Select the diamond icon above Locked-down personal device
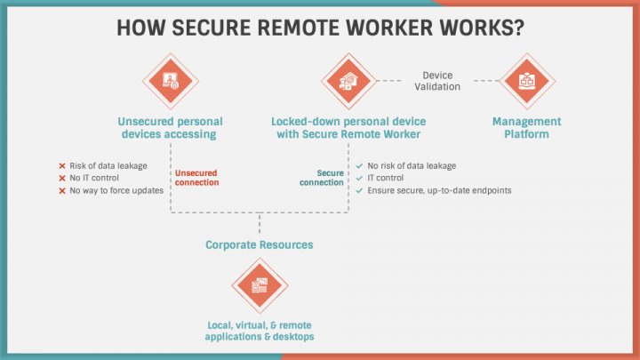(x=348, y=81)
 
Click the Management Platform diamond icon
(x=527, y=81)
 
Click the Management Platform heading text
(x=527, y=128)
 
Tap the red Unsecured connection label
(x=197, y=178)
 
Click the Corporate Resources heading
(x=259, y=244)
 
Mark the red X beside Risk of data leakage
(x=61, y=166)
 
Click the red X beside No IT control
(x=61, y=178)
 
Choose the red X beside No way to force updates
(x=61, y=190)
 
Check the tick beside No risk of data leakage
(x=358, y=166)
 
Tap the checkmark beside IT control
(x=358, y=178)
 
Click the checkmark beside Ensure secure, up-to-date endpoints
(x=358, y=190)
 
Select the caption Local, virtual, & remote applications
(x=260, y=332)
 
